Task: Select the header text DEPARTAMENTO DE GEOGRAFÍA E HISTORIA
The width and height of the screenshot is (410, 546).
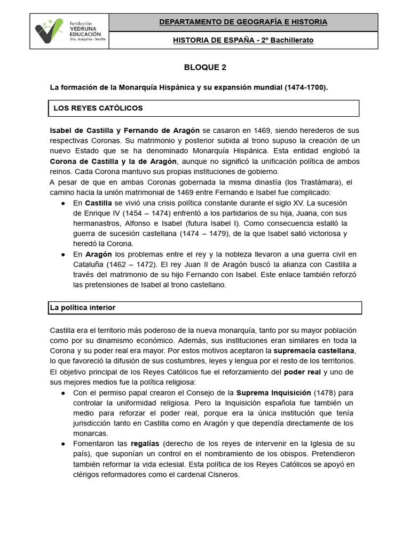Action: click(243, 22)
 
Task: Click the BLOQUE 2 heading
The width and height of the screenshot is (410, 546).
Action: click(201, 67)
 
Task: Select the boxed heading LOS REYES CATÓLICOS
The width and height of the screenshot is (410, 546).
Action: click(98, 108)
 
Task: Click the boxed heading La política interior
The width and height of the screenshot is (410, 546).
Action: click(83, 308)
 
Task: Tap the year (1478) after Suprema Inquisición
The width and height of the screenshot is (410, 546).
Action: click(326, 393)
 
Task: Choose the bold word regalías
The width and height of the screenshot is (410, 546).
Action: click(145, 444)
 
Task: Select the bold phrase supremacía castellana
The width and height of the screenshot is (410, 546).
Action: click(314, 351)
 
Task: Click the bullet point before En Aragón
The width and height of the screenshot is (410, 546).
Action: click(64, 254)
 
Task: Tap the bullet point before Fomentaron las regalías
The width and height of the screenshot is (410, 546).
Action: click(64, 444)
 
